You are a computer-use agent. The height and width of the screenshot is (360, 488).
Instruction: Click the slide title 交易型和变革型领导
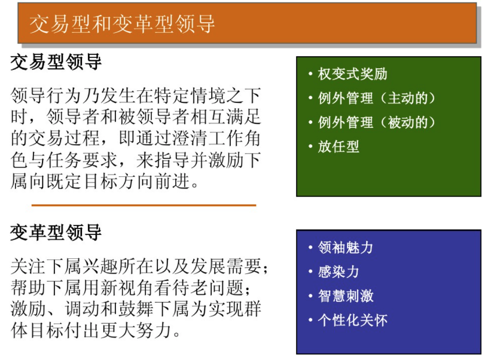point(122,23)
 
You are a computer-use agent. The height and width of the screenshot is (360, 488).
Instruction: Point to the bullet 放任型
point(338,147)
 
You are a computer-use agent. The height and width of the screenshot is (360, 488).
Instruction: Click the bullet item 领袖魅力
point(345,248)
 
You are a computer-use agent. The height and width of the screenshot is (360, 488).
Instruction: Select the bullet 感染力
point(338,271)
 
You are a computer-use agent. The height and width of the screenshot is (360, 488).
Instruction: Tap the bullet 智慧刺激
point(345,296)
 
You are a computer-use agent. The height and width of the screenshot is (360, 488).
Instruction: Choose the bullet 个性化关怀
point(352,320)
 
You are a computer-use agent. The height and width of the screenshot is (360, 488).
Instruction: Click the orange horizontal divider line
point(144,205)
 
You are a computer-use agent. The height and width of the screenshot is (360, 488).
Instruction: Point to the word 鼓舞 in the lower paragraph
point(142,309)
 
